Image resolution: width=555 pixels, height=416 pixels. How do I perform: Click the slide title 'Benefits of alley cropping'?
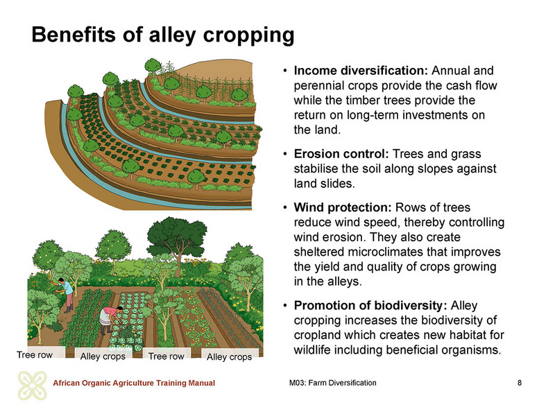point(163,35)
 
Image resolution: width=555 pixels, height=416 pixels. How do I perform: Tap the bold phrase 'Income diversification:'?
point(361,71)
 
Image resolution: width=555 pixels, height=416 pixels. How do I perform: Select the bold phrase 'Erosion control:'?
point(341,154)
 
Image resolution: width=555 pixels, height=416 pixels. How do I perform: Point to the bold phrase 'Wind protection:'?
point(342,207)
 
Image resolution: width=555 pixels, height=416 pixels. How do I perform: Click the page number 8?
point(519,383)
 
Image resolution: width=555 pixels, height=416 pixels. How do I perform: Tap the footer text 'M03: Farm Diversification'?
point(333,383)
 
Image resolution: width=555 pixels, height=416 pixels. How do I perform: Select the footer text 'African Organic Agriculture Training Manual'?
point(134,383)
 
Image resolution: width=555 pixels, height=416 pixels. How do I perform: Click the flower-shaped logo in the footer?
point(32,385)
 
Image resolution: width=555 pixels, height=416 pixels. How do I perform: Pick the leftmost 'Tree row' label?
point(35,355)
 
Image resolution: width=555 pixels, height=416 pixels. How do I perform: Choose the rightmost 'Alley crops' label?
point(230,356)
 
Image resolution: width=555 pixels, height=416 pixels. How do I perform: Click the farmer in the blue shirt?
point(66,294)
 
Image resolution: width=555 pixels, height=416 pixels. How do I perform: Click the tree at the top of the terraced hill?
point(153,67)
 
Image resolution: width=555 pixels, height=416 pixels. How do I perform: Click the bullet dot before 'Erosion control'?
point(285,155)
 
